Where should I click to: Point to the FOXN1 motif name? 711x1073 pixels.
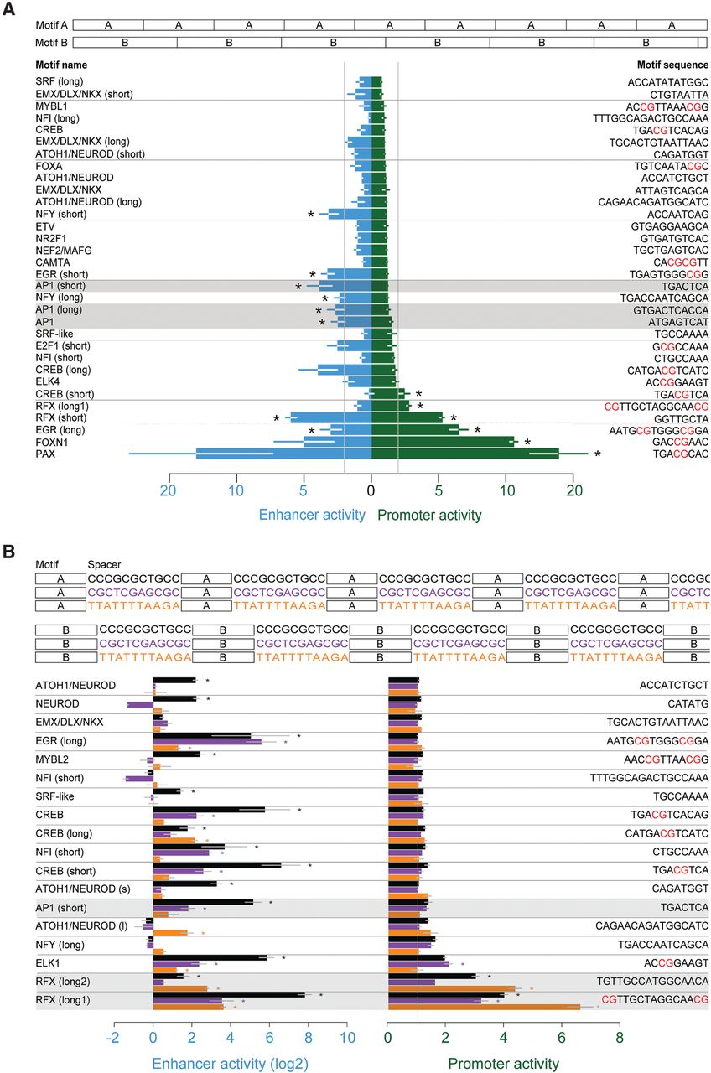click(x=52, y=441)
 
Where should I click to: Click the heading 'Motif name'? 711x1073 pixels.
click(x=61, y=65)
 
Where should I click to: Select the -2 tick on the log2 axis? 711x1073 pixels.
click(x=113, y=1036)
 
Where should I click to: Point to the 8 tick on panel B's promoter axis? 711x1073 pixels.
click(x=620, y=1036)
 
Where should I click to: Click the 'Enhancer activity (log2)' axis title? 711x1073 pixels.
click(x=229, y=1062)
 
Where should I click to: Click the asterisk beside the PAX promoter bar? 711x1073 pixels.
click(x=598, y=455)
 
